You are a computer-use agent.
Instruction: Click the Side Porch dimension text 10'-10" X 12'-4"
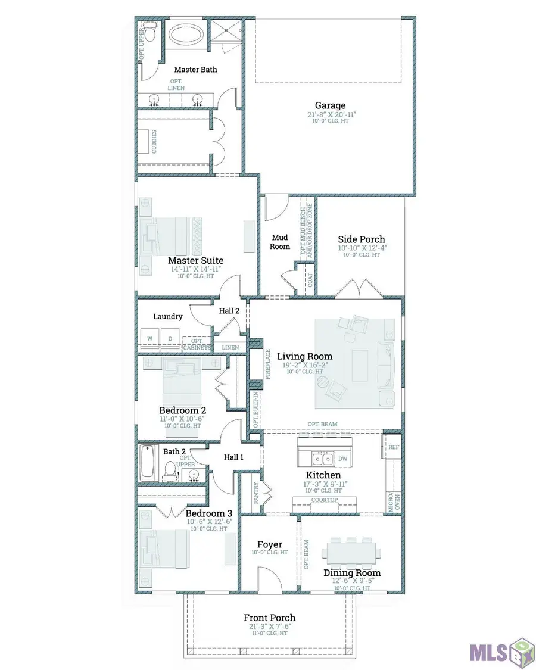(361, 248)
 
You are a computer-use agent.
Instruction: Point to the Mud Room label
(280, 242)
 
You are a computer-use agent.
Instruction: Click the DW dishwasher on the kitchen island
(342, 459)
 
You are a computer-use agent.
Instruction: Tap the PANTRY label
(255, 494)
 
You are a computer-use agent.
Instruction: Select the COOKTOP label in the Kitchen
(325, 500)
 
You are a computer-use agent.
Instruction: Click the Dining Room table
(351, 552)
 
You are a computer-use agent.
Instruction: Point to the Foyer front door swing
(268, 578)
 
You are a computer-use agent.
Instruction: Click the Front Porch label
(269, 618)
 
